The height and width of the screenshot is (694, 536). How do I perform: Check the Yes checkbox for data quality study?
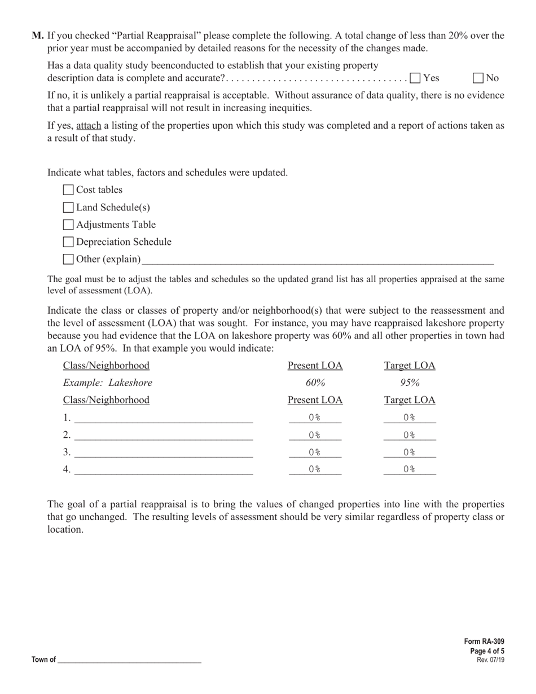click(x=415, y=78)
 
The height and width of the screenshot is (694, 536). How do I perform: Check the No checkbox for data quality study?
click(x=478, y=78)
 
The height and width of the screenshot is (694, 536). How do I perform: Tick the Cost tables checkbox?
click(x=68, y=190)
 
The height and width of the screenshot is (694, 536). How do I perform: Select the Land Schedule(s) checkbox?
click(x=68, y=208)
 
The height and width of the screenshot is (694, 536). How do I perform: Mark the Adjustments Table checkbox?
click(x=68, y=225)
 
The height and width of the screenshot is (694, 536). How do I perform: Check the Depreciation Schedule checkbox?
click(x=68, y=242)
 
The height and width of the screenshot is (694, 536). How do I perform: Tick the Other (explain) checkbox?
click(x=68, y=260)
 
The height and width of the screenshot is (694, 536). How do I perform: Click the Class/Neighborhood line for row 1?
click(x=164, y=418)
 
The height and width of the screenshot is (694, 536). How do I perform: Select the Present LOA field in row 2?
click(x=315, y=435)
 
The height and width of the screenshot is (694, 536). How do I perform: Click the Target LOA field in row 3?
click(x=410, y=453)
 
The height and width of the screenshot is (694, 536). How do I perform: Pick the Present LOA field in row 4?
click(x=315, y=469)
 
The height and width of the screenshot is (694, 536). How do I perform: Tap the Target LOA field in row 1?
click(x=410, y=418)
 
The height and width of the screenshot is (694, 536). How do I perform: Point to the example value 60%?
click(x=315, y=383)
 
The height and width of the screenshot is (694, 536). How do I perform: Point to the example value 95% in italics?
click(x=410, y=383)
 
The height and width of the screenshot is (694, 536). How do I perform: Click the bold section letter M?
click(x=37, y=36)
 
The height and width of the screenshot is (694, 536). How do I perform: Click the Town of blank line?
click(x=129, y=660)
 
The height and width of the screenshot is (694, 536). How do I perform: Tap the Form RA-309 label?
click(x=484, y=642)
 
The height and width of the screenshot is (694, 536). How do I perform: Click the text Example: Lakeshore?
click(x=107, y=383)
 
